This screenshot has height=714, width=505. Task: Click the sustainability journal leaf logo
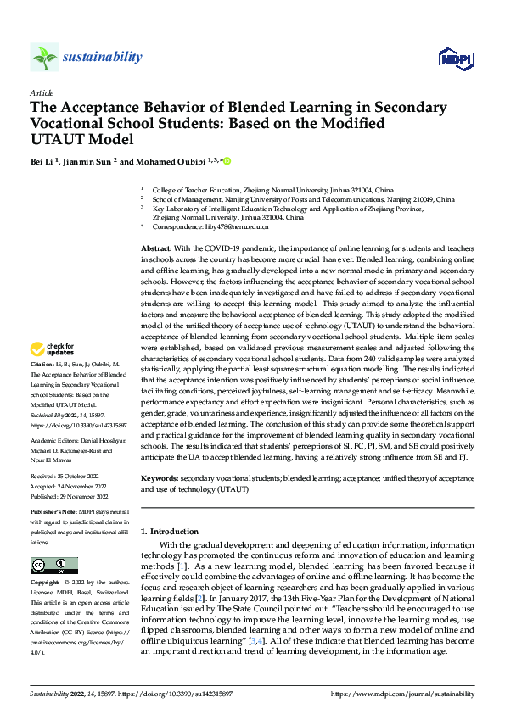(44, 57)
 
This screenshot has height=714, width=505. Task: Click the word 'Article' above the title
(42, 92)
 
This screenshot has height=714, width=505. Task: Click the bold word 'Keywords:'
(160, 479)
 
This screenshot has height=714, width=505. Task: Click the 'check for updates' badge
(53, 349)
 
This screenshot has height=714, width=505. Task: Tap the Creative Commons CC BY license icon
(53, 566)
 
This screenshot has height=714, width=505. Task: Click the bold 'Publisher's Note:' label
(56, 513)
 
